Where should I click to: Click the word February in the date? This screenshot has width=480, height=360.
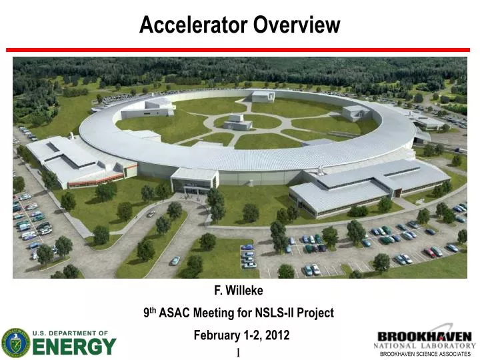[216, 335]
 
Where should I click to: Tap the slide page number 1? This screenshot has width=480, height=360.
[238, 353]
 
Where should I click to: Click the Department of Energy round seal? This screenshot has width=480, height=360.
[15, 343]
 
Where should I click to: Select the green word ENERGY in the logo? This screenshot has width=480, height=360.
[74, 347]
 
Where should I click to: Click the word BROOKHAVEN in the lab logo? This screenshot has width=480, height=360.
[424, 337]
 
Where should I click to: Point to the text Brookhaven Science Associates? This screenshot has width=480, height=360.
[425, 355]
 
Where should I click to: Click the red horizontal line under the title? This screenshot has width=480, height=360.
[239, 50]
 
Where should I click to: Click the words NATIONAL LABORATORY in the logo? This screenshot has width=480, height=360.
[424, 346]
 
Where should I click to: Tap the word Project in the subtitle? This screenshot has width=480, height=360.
[318, 313]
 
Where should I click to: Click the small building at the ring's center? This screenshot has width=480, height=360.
[237, 123]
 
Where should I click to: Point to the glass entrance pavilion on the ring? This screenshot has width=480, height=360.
[194, 181]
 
